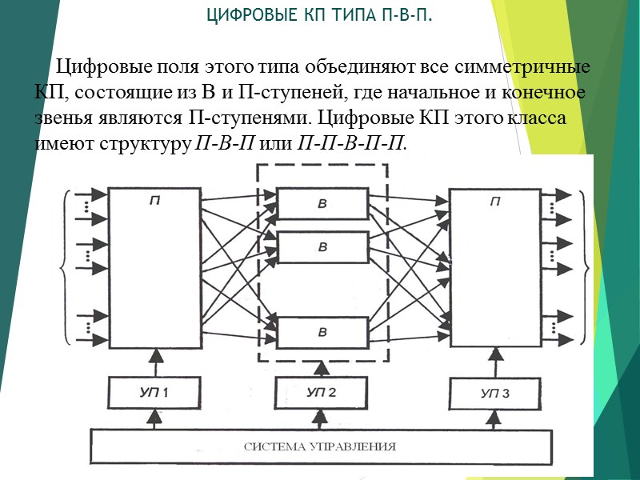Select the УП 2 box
pos(322,394)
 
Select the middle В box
pos(322,247)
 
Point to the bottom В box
pos(322,331)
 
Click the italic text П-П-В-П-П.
pos(351,144)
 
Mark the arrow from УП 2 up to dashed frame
pos(322,369)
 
